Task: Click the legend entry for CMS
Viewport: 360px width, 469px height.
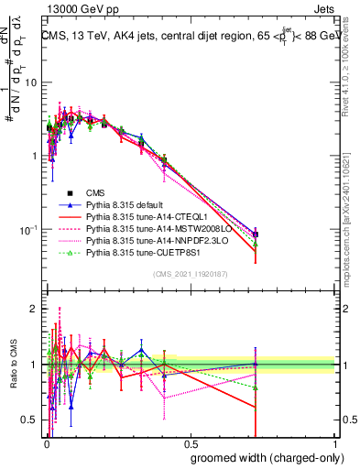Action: pos(94,192)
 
